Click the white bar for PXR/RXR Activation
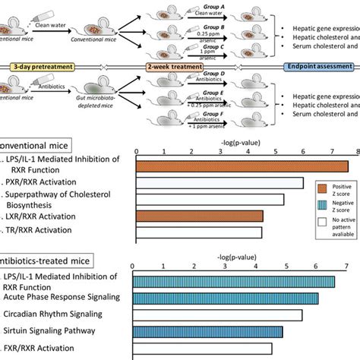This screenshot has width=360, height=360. pos(219,183)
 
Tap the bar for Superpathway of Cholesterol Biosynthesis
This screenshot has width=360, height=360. pos(210,200)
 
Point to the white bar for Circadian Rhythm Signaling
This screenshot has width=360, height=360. pos(217,315)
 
